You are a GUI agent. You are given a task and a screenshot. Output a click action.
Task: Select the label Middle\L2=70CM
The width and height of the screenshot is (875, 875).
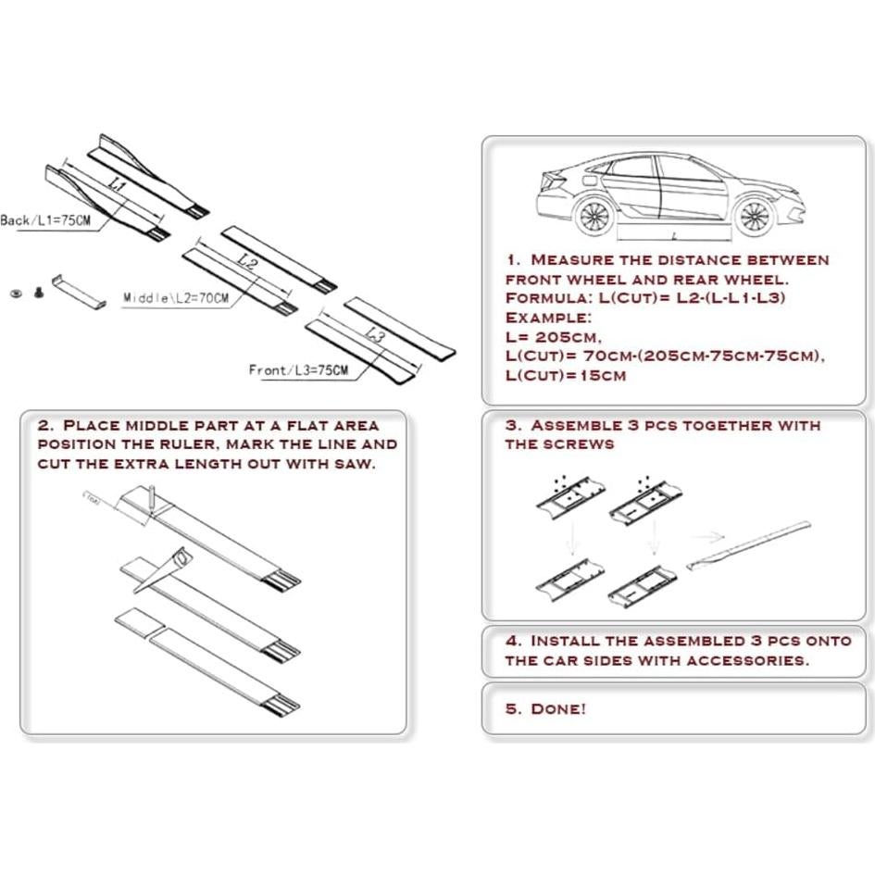pyautogui.click(x=176, y=298)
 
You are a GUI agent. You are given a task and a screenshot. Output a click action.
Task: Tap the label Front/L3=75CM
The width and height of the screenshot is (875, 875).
pyautogui.click(x=299, y=370)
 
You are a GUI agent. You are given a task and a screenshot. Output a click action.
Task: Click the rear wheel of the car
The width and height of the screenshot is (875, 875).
pyautogui.click(x=593, y=218)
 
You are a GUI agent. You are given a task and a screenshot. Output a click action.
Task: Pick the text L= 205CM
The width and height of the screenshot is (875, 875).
pyautogui.click(x=552, y=337)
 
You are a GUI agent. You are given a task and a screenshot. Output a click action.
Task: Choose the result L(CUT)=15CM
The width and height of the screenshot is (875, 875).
pyautogui.click(x=565, y=376)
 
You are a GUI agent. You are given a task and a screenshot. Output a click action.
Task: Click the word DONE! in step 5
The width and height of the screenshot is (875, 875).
pyautogui.click(x=557, y=709)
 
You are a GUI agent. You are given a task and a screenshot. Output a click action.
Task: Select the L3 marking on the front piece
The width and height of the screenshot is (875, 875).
pyautogui.click(x=374, y=335)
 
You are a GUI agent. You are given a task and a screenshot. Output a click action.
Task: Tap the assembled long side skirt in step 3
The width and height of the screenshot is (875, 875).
pyautogui.click(x=750, y=546)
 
